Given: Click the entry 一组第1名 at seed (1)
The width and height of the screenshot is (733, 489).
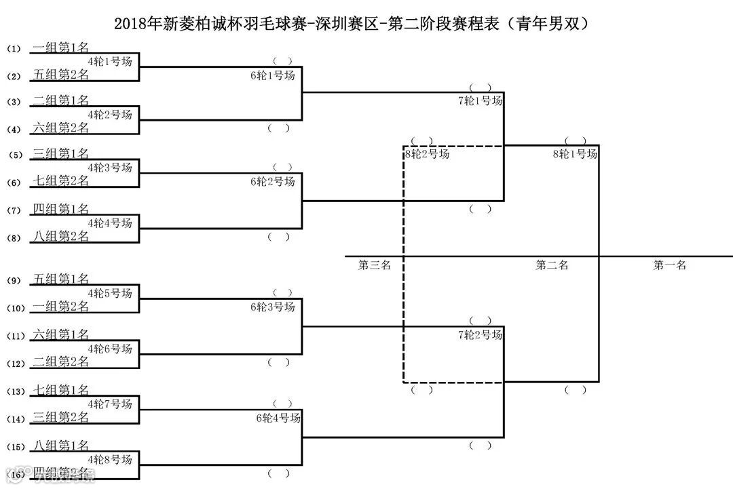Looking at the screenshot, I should (61, 47).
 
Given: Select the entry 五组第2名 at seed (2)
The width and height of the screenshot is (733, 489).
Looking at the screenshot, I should (61, 75).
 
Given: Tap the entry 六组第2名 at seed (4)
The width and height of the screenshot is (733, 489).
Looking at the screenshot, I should (61, 128).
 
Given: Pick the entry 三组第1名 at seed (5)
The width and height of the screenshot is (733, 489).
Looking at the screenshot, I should (61, 154).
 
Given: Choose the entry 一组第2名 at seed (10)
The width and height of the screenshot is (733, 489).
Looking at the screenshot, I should (61, 307).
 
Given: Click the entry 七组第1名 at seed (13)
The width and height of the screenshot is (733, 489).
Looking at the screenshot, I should (61, 390).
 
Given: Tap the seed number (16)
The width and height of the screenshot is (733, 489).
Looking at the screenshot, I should (16, 474).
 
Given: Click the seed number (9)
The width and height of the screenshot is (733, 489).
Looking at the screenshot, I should (16, 280).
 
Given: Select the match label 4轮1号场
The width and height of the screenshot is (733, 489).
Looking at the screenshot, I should (110, 61).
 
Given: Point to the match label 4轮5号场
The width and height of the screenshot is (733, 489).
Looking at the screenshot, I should (110, 293).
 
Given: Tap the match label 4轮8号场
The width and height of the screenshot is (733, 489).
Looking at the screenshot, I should (110, 459).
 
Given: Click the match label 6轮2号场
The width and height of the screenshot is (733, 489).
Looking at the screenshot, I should (273, 181).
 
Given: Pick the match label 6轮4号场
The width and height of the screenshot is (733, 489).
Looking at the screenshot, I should (278, 418).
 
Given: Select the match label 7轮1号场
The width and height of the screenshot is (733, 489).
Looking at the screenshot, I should (481, 100).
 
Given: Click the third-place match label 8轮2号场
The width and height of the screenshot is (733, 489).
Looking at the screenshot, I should (428, 154).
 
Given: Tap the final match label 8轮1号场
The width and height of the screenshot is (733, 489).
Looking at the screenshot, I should (576, 154).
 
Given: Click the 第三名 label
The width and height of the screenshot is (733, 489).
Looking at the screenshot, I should (375, 265).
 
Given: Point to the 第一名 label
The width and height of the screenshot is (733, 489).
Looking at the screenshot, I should (670, 265).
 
